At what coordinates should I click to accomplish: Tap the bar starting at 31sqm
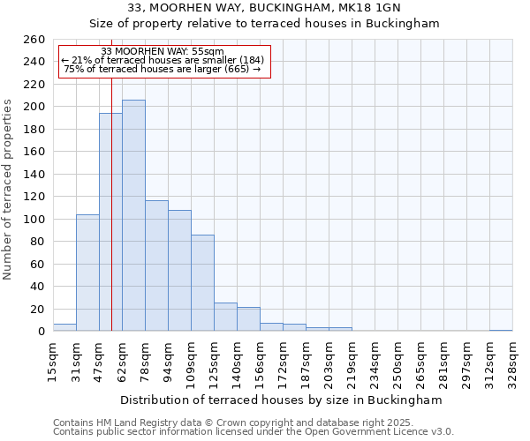click(x=87, y=273)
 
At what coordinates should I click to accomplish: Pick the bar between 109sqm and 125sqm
click(x=202, y=283)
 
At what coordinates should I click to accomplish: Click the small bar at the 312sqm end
click(x=501, y=330)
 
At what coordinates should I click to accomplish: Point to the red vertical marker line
click(x=112, y=220)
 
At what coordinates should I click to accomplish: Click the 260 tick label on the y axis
click(x=34, y=40)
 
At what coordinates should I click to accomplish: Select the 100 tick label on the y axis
click(x=34, y=219)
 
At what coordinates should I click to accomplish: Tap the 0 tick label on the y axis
click(x=41, y=332)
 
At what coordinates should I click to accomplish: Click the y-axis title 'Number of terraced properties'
click(x=8, y=190)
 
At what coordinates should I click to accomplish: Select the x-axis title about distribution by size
click(x=281, y=400)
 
